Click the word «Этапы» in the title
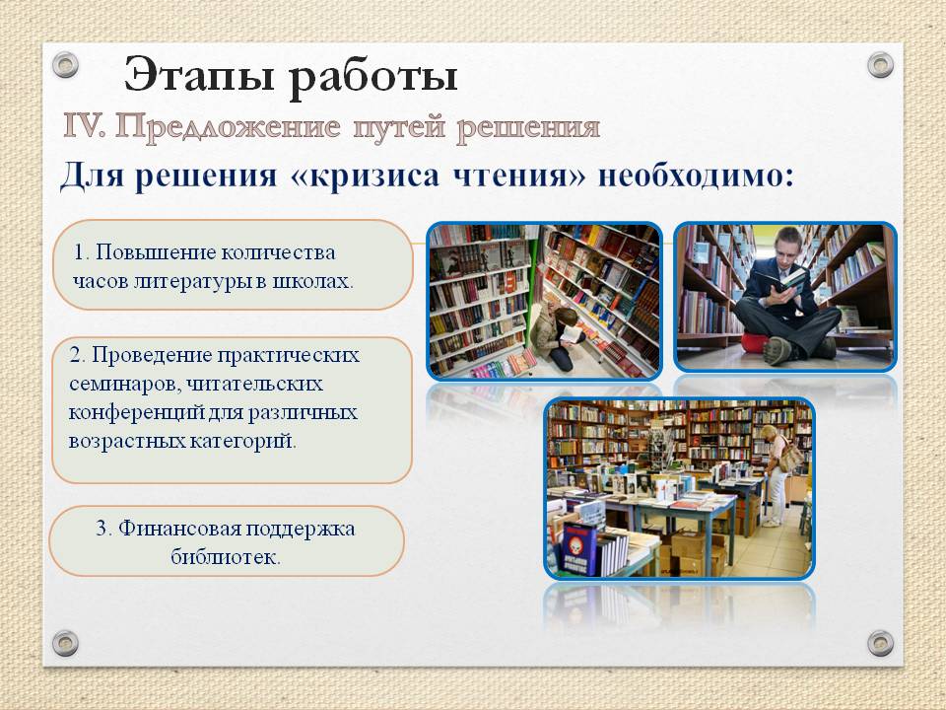[199, 76]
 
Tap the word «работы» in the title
[372, 77]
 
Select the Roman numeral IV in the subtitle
[84, 126]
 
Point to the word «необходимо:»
[696, 176]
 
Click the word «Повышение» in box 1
[155, 252]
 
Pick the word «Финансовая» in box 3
[178, 529]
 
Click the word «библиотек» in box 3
[223, 556]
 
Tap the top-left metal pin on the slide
[65, 64]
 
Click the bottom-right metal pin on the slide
[880, 643]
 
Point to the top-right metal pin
[880, 64]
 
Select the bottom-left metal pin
[65, 643]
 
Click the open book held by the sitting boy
[780, 281]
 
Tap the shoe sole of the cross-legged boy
[778, 350]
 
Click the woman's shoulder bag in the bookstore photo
[791, 457]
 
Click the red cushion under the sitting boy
[753, 342]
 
